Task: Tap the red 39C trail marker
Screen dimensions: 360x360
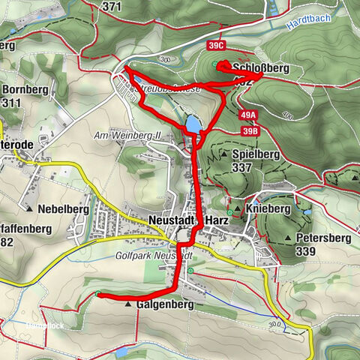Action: (217, 46)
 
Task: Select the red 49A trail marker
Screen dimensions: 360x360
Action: (249, 115)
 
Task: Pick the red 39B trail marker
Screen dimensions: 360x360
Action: (249, 130)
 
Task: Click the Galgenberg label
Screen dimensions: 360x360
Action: (166, 305)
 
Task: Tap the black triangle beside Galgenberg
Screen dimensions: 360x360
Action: (129, 305)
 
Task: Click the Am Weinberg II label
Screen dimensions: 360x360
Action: (127, 135)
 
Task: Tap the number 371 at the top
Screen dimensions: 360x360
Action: (111, 6)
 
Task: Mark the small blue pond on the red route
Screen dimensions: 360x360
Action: (193, 123)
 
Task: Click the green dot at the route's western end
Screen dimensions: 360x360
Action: (98, 294)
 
